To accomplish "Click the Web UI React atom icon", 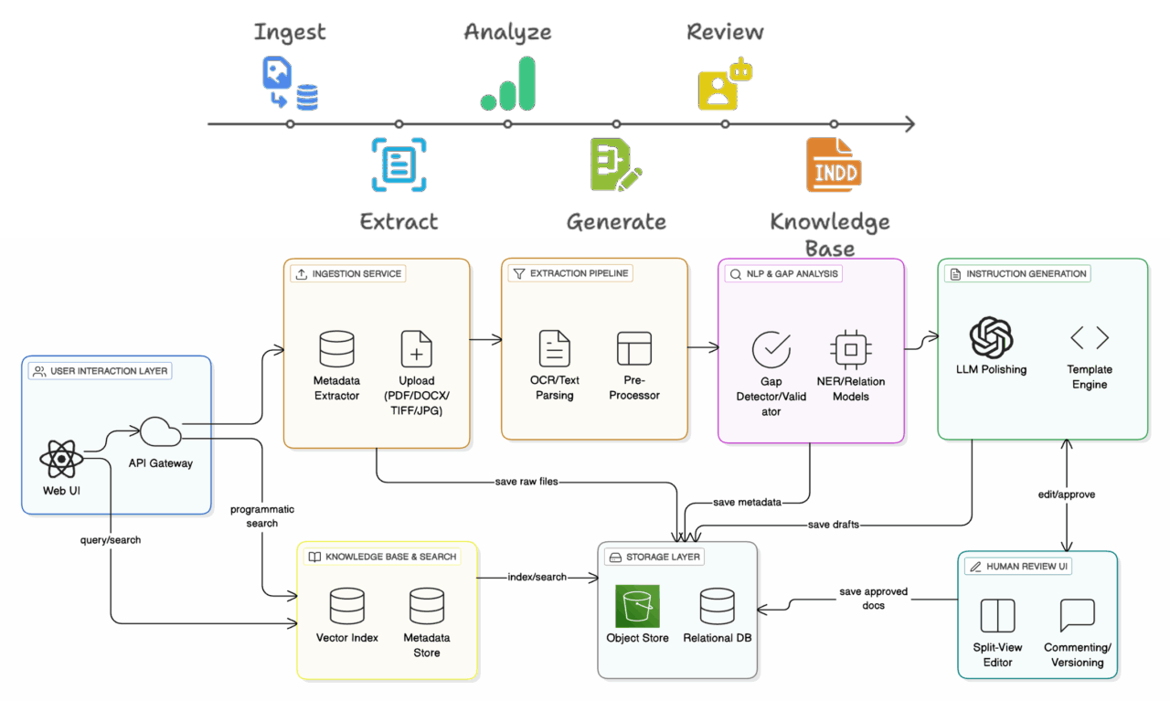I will click(62, 459).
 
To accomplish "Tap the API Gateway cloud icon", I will click(160, 431).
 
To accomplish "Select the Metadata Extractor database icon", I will click(336, 350).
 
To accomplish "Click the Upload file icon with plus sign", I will click(417, 350).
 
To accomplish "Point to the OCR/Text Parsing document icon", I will click(554, 350).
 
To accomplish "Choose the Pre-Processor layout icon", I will click(634, 350).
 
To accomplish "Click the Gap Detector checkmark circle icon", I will click(771, 350).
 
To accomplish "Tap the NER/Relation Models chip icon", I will click(850, 350).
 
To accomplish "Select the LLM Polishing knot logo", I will click(991, 338).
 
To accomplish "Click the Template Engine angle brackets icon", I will click(1090, 338).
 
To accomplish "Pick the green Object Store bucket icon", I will click(637, 606).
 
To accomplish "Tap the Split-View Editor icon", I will click(997, 616).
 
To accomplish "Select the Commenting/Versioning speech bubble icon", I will click(1077, 616).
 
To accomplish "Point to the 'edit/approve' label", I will click(1067, 494).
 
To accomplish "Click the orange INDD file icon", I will click(834, 165).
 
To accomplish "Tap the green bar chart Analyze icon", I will click(508, 84).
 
